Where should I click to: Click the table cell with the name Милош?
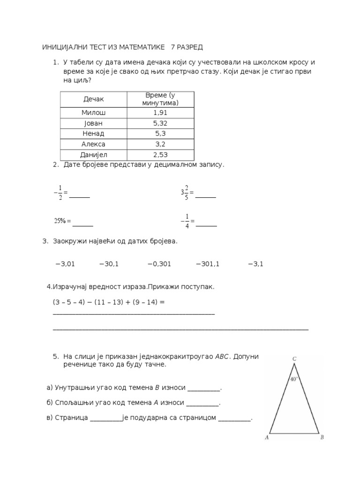click(x=93, y=113)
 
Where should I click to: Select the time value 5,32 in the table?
click(x=160, y=123)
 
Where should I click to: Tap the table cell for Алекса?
click(x=93, y=144)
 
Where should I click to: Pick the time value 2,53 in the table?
click(x=160, y=154)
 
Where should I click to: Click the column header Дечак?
click(x=93, y=99)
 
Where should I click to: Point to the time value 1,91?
click(x=160, y=113)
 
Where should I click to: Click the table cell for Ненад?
click(x=93, y=134)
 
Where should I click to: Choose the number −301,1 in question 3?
click(x=208, y=264)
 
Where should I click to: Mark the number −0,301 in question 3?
click(x=159, y=264)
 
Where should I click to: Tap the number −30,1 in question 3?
click(x=109, y=264)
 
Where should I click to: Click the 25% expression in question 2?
click(x=61, y=220)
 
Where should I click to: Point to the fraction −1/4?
click(x=186, y=220)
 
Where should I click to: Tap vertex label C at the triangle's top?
click(x=294, y=359)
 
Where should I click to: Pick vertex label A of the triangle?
click(x=266, y=438)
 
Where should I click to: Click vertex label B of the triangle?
click(x=322, y=438)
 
